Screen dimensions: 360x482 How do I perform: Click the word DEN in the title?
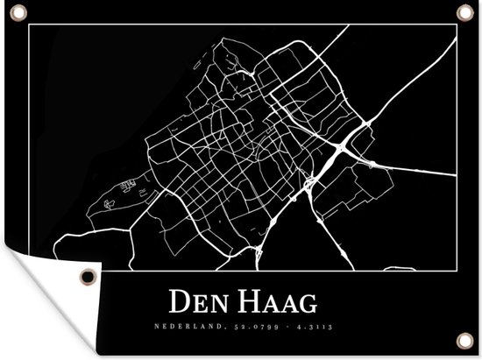click(195, 305)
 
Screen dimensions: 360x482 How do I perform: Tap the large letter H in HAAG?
click(241, 304)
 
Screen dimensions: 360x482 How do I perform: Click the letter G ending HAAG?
click(306, 305)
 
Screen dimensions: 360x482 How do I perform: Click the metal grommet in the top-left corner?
click(18, 11)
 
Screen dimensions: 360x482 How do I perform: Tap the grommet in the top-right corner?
click(463, 11)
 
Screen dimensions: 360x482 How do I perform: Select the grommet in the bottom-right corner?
click(464, 340)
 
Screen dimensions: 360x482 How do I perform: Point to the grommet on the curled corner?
click(87, 277)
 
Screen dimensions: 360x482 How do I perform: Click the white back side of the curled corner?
click(53, 276)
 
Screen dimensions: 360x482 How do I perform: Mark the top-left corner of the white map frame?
click(29, 25)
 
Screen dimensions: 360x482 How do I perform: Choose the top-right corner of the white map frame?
click(456, 25)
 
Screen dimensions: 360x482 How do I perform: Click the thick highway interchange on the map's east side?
click(337, 153)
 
